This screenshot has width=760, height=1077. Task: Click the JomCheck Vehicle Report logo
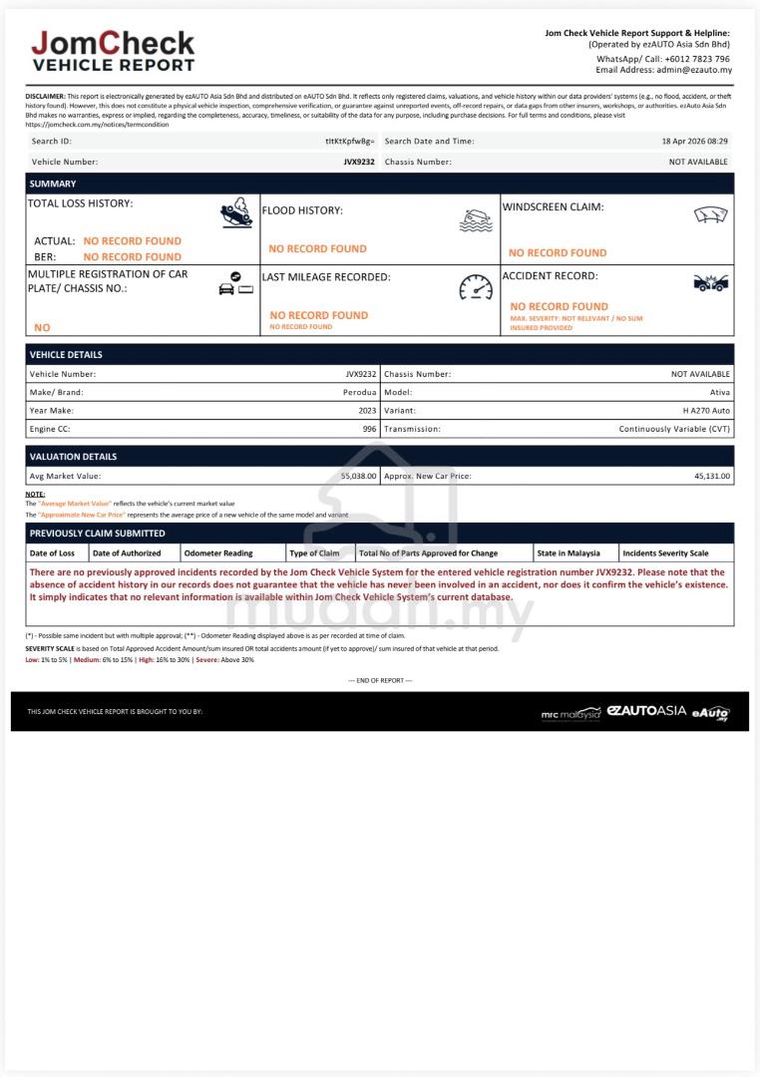pos(113,51)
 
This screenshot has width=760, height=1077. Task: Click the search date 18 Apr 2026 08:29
pos(694,142)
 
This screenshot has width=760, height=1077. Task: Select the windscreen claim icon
pos(710,214)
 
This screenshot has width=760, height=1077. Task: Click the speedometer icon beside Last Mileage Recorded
pos(476,287)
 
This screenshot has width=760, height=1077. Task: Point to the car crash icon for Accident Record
pos(710,283)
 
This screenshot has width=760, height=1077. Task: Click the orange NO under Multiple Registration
pos(42,327)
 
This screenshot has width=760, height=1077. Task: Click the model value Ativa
pos(719,392)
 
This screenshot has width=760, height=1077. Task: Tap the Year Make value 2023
pos(367,410)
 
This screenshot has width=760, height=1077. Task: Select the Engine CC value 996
pos(369,429)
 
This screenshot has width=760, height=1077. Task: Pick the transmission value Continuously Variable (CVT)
pos(674,429)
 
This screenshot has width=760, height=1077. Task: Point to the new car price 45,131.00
pos(712,477)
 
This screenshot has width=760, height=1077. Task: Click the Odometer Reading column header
pos(218,553)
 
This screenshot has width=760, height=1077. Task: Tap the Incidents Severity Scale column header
pos(665,553)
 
